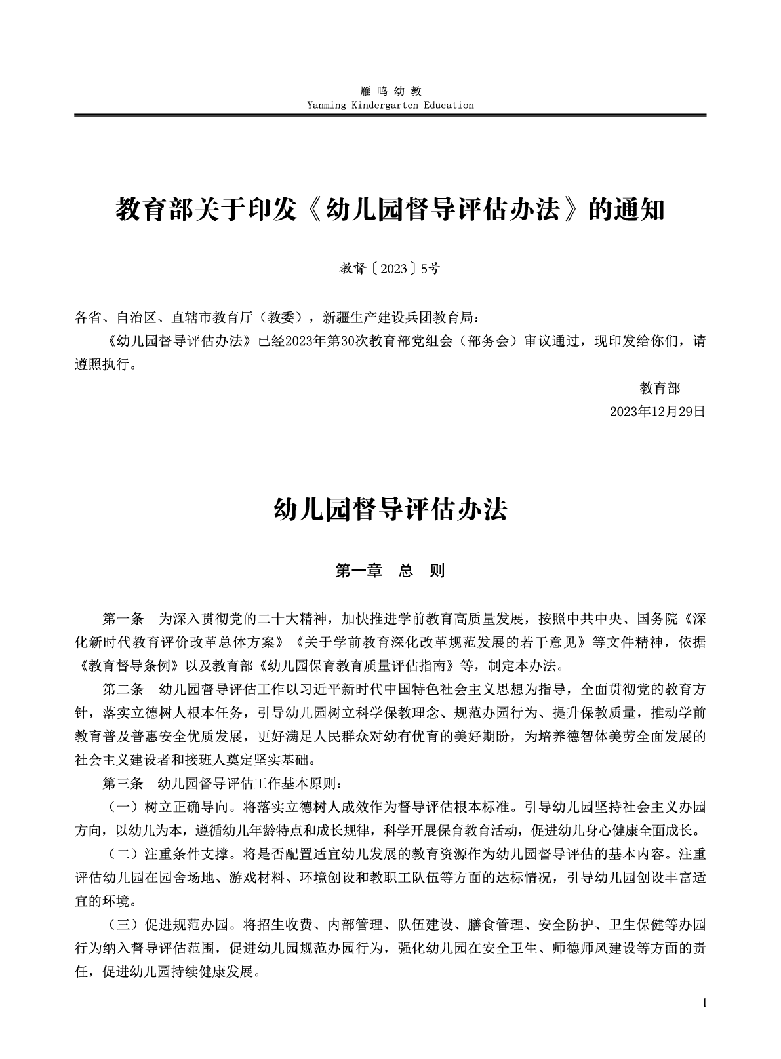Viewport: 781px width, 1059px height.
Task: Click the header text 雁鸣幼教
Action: coord(391,91)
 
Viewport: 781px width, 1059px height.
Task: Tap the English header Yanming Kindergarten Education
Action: coord(390,105)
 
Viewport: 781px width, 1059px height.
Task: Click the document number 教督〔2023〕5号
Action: coord(390,268)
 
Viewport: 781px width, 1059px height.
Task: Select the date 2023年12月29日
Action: coord(657,412)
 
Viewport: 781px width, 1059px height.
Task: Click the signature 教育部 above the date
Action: coord(660,388)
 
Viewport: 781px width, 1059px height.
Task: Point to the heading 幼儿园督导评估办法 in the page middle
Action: coord(390,510)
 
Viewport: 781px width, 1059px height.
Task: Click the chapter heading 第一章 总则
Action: coord(390,571)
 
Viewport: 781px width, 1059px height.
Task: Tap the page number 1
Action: coord(704,1003)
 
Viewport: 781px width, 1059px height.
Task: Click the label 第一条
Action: coord(123,619)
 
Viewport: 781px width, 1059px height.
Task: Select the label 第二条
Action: coord(123,689)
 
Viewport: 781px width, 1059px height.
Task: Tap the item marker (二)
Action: coord(123,854)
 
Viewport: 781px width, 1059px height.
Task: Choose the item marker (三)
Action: coord(123,925)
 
